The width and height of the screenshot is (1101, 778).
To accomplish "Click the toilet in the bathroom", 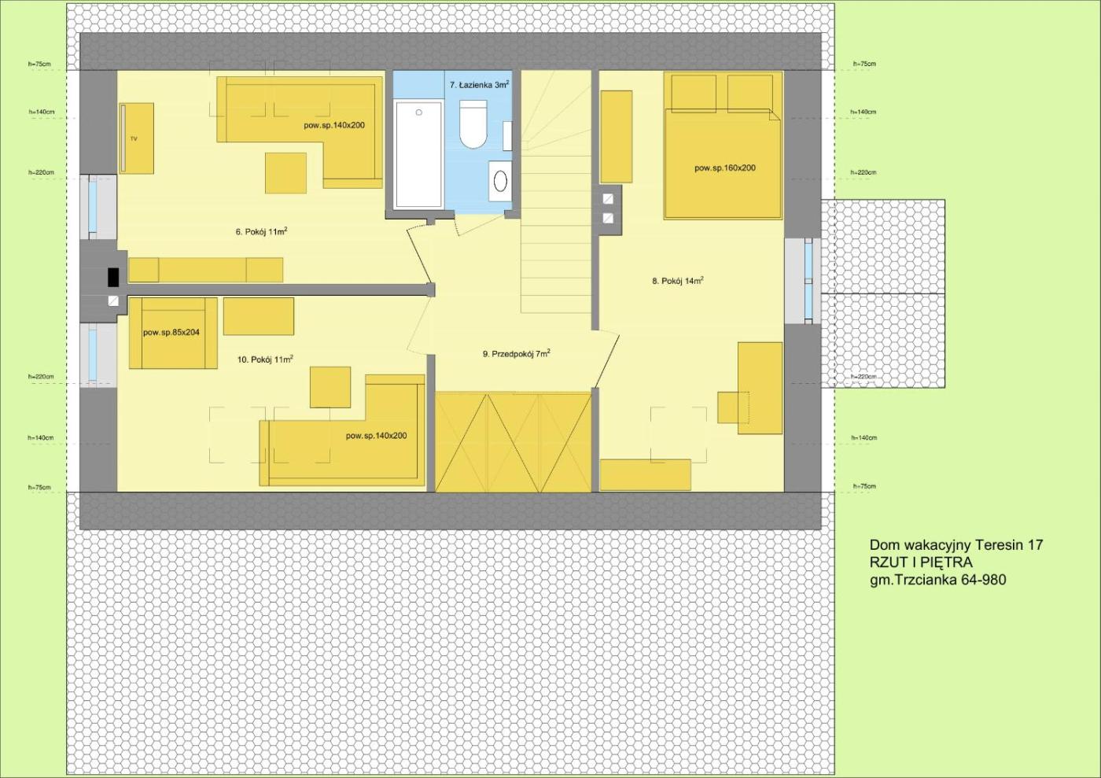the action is (x=473, y=124).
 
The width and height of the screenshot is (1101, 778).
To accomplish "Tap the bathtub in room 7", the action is (x=418, y=154).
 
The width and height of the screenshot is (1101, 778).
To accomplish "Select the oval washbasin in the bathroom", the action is (x=500, y=181).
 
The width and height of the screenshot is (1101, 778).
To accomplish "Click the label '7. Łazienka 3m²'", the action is (x=479, y=85).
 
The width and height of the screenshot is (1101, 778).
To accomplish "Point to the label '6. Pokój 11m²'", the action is (x=261, y=231).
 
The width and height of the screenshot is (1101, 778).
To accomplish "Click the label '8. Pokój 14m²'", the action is (x=678, y=281).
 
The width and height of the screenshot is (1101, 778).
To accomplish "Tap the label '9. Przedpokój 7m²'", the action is (x=517, y=353).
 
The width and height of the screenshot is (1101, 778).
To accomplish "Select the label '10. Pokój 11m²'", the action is (x=266, y=360).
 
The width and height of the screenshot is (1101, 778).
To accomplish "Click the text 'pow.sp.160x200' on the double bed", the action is (x=725, y=168).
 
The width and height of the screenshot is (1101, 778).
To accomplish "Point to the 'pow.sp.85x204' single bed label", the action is (x=171, y=333).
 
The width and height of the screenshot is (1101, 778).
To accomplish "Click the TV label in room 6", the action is (x=134, y=139).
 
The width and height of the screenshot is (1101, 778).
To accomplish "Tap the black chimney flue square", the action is (x=113, y=277).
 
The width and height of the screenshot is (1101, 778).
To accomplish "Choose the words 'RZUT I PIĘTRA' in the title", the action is (x=921, y=562).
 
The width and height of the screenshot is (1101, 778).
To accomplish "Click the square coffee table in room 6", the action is (x=285, y=172).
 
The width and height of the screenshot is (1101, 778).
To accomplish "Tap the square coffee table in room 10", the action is (x=330, y=387).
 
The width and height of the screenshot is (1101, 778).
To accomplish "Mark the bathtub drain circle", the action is (x=418, y=112).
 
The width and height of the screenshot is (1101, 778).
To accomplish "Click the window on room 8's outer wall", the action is (x=808, y=281).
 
